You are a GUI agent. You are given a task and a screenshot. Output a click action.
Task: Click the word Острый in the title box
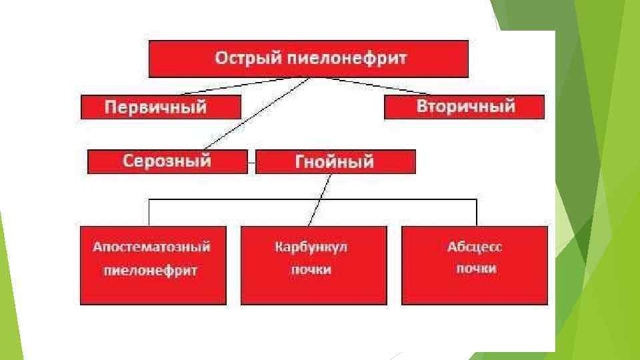243,59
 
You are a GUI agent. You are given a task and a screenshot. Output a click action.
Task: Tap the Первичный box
160,107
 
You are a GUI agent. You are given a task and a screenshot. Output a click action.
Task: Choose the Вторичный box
465,107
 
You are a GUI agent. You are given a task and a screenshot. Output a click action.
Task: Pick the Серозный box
167,161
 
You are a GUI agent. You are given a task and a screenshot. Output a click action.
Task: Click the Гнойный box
335,161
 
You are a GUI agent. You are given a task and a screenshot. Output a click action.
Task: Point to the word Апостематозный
152,247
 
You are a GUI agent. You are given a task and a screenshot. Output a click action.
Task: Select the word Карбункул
312,247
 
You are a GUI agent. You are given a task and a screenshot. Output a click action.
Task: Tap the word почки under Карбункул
311,270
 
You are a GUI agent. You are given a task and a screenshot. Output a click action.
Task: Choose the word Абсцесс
475,247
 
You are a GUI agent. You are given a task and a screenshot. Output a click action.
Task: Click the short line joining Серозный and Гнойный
251,161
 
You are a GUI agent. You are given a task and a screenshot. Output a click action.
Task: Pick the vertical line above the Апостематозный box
149,213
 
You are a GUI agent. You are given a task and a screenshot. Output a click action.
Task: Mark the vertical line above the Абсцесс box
477,213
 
